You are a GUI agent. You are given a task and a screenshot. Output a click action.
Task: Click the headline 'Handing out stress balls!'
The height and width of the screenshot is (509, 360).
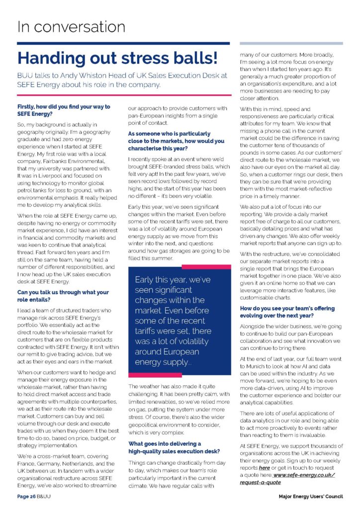(x=118, y=58)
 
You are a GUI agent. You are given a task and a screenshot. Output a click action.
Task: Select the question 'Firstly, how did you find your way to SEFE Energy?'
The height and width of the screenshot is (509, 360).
(x=64, y=110)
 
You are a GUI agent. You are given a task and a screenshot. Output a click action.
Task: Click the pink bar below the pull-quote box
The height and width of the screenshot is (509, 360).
(x=148, y=375)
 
